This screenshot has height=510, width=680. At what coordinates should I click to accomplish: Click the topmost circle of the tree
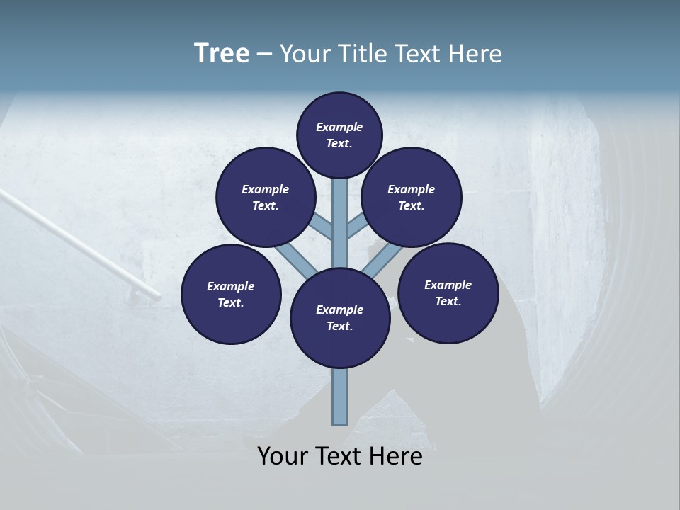click(339, 135)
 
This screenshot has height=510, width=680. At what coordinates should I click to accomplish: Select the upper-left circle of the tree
click(266, 197)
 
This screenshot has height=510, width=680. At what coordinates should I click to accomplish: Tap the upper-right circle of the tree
click(412, 197)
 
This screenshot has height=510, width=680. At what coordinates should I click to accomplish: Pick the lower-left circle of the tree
click(231, 294)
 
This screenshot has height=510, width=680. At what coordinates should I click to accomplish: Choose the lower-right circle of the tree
click(448, 293)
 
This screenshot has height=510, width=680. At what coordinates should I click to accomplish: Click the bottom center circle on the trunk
click(340, 318)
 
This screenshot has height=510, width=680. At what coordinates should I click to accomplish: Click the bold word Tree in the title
click(222, 53)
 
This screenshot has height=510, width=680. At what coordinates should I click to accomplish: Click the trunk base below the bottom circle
click(340, 397)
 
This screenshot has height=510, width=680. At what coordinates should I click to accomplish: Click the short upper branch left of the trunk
click(322, 227)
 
